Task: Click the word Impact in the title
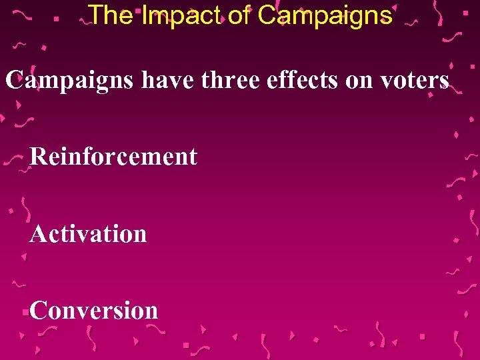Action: pos(182,15)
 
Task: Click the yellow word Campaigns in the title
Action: pos(325,15)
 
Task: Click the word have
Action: pos(167,81)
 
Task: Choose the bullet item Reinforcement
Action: pos(114,157)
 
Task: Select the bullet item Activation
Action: pos(88,233)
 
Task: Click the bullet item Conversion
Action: pos(94,310)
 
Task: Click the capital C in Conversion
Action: pos(39,310)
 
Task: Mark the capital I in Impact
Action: pos(145,15)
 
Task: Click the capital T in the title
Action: pos(96,15)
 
